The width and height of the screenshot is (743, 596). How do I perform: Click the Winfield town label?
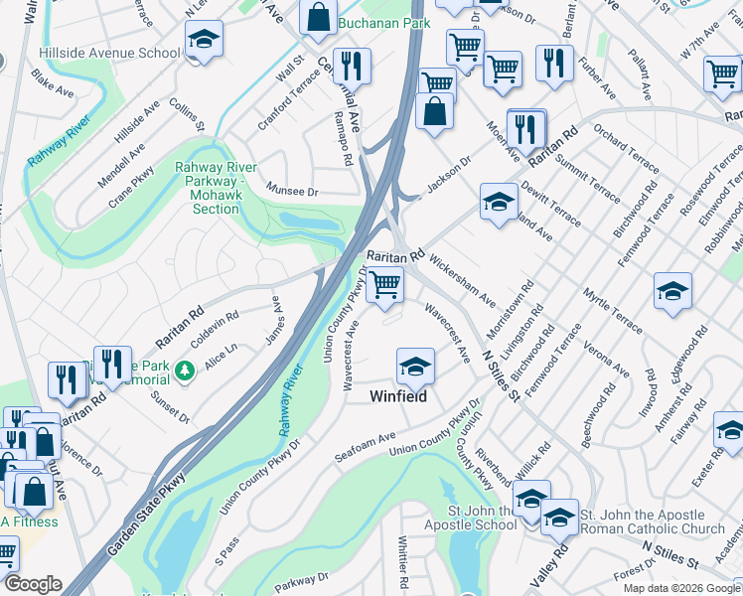click(398, 396)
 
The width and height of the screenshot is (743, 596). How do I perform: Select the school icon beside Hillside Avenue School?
click(204, 41)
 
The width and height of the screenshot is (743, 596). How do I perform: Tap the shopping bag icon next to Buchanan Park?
click(317, 17)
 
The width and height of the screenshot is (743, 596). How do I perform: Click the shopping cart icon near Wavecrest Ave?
click(384, 286)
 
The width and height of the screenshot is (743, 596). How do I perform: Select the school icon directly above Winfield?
click(415, 368)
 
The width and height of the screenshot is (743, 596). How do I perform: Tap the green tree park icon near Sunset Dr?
click(183, 372)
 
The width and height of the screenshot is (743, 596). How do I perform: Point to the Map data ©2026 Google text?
click(680, 588)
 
